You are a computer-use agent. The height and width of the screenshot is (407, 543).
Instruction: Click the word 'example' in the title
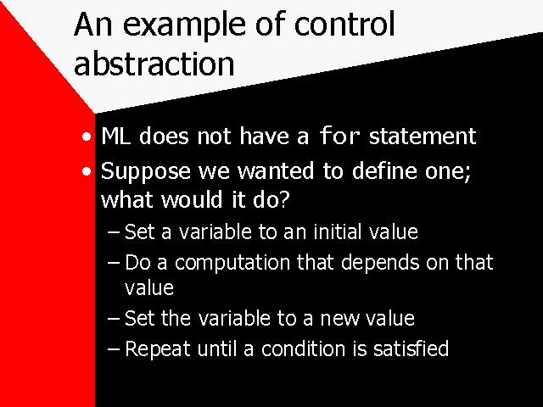[185, 25]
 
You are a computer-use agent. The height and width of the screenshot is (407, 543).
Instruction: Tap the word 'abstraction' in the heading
[154, 64]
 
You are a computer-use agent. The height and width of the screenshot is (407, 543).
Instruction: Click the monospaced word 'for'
[339, 136]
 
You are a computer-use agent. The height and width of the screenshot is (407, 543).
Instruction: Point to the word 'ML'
[116, 136]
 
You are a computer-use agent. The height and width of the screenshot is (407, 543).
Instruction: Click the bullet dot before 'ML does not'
[87, 137]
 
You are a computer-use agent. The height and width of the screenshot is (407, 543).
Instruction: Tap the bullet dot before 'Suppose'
[87, 171]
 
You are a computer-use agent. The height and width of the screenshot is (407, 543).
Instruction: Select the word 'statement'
[423, 136]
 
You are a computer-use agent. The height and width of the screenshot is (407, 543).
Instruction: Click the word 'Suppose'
[145, 172]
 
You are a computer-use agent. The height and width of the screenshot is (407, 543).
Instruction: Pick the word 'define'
[384, 170]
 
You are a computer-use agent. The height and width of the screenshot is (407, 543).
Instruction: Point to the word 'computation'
[232, 263]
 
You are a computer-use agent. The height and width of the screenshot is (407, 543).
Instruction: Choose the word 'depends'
[380, 263]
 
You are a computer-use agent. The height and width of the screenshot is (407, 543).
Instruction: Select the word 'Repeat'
[157, 348]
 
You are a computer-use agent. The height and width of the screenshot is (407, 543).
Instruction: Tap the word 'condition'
[303, 348]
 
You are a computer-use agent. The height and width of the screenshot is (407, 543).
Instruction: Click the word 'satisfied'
[411, 348]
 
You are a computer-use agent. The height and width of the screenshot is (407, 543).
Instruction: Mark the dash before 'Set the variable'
[113, 319]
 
